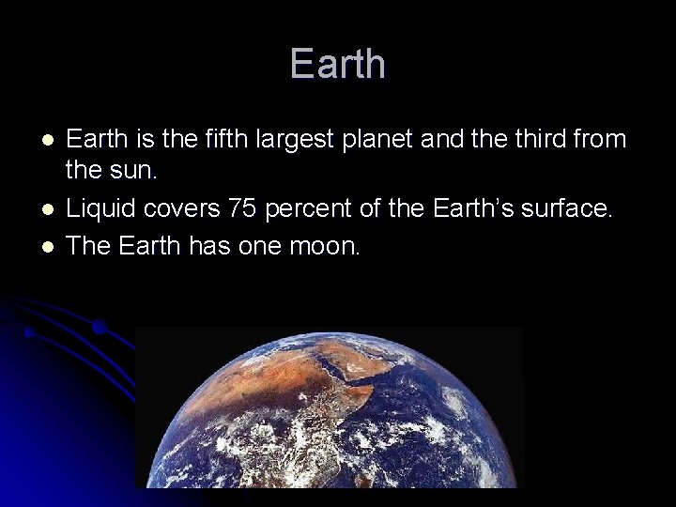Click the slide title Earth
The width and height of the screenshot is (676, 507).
point(338,64)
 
